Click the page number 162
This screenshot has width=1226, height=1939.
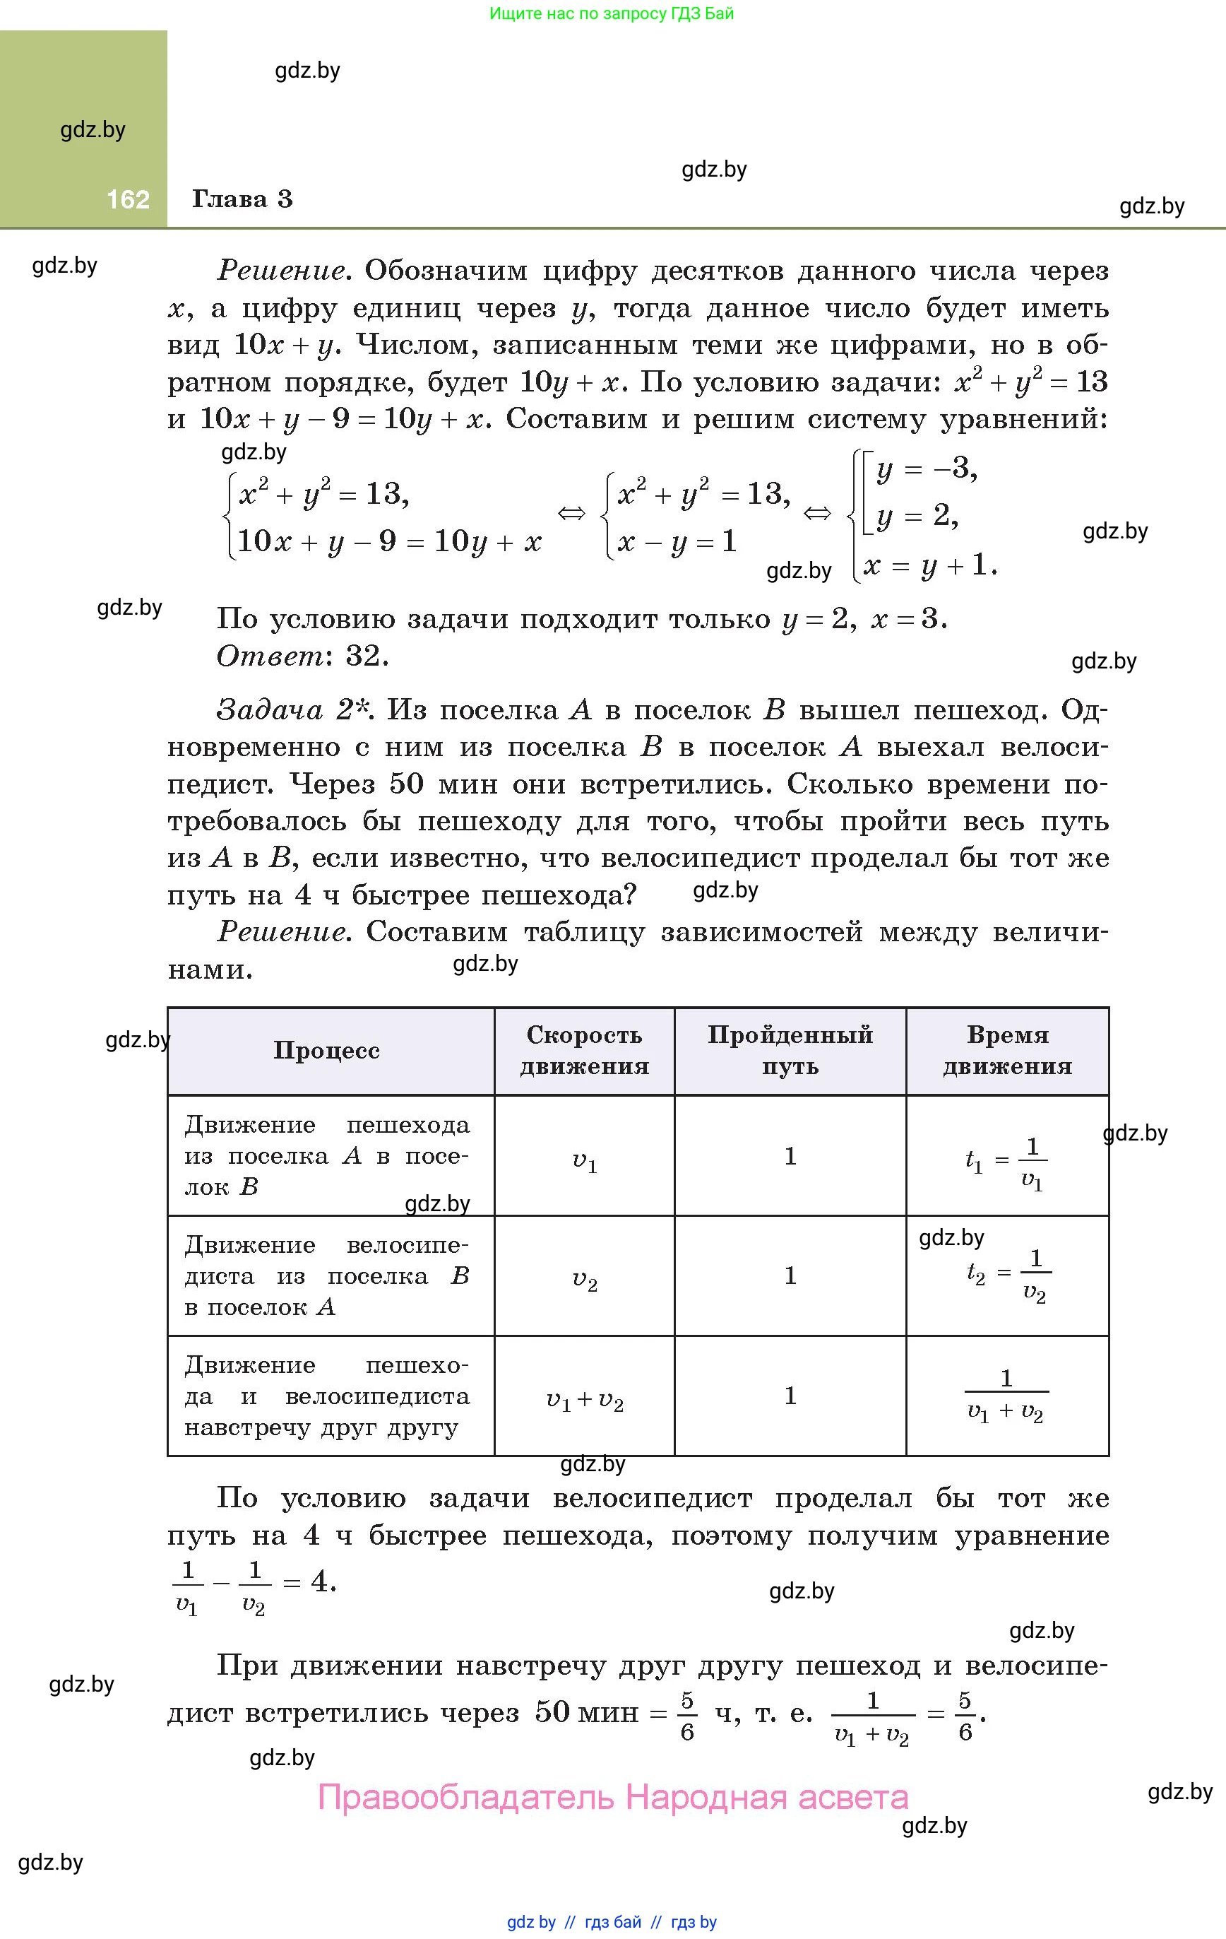(128, 200)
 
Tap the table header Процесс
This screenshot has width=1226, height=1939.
(326, 1050)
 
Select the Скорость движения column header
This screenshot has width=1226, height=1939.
(585, 1050)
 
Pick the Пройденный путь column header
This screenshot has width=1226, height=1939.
(790, 1050)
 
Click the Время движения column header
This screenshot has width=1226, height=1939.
(1007, 1050)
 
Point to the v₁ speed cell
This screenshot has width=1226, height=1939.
(585, 1161)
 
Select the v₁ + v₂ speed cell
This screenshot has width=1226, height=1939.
(585, 1401)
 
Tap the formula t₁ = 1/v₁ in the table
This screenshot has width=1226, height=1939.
(1006, 1162)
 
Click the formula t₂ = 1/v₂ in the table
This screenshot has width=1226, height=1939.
(1008, 1275)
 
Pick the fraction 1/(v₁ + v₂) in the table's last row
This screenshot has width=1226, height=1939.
(1006, 1396)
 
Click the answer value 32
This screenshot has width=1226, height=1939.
(367, 656)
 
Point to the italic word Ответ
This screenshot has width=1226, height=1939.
(270, 656)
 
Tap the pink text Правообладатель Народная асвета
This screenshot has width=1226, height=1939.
(612, 1797)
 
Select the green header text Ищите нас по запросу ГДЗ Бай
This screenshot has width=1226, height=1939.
(612, 13)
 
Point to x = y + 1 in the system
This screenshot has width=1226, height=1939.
(930, 565)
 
